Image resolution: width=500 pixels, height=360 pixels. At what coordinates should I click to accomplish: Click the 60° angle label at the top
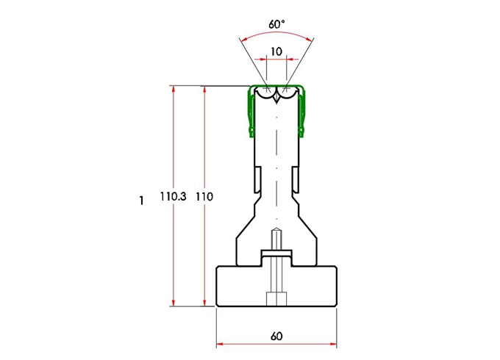point(276,24)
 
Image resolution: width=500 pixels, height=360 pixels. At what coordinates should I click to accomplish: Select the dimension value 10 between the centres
point(276,51)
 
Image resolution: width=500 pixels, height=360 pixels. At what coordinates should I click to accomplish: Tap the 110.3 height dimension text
point(174,197)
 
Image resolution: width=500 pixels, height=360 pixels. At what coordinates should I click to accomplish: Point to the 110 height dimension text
point(205,197)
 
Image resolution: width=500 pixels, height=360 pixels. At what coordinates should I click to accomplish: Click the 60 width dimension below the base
point(276,336)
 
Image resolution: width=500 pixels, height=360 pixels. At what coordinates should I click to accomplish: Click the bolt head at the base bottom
point(276,300)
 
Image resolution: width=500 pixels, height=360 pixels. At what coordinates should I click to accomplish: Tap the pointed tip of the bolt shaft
point(276,230)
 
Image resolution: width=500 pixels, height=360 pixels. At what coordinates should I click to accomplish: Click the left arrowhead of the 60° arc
point(243,38)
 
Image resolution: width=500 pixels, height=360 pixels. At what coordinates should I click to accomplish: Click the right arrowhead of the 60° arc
point(310,38)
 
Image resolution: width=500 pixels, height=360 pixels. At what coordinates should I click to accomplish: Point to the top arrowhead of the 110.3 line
point(174,89)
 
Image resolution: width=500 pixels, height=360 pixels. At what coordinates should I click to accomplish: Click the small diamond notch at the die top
point(276,97)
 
